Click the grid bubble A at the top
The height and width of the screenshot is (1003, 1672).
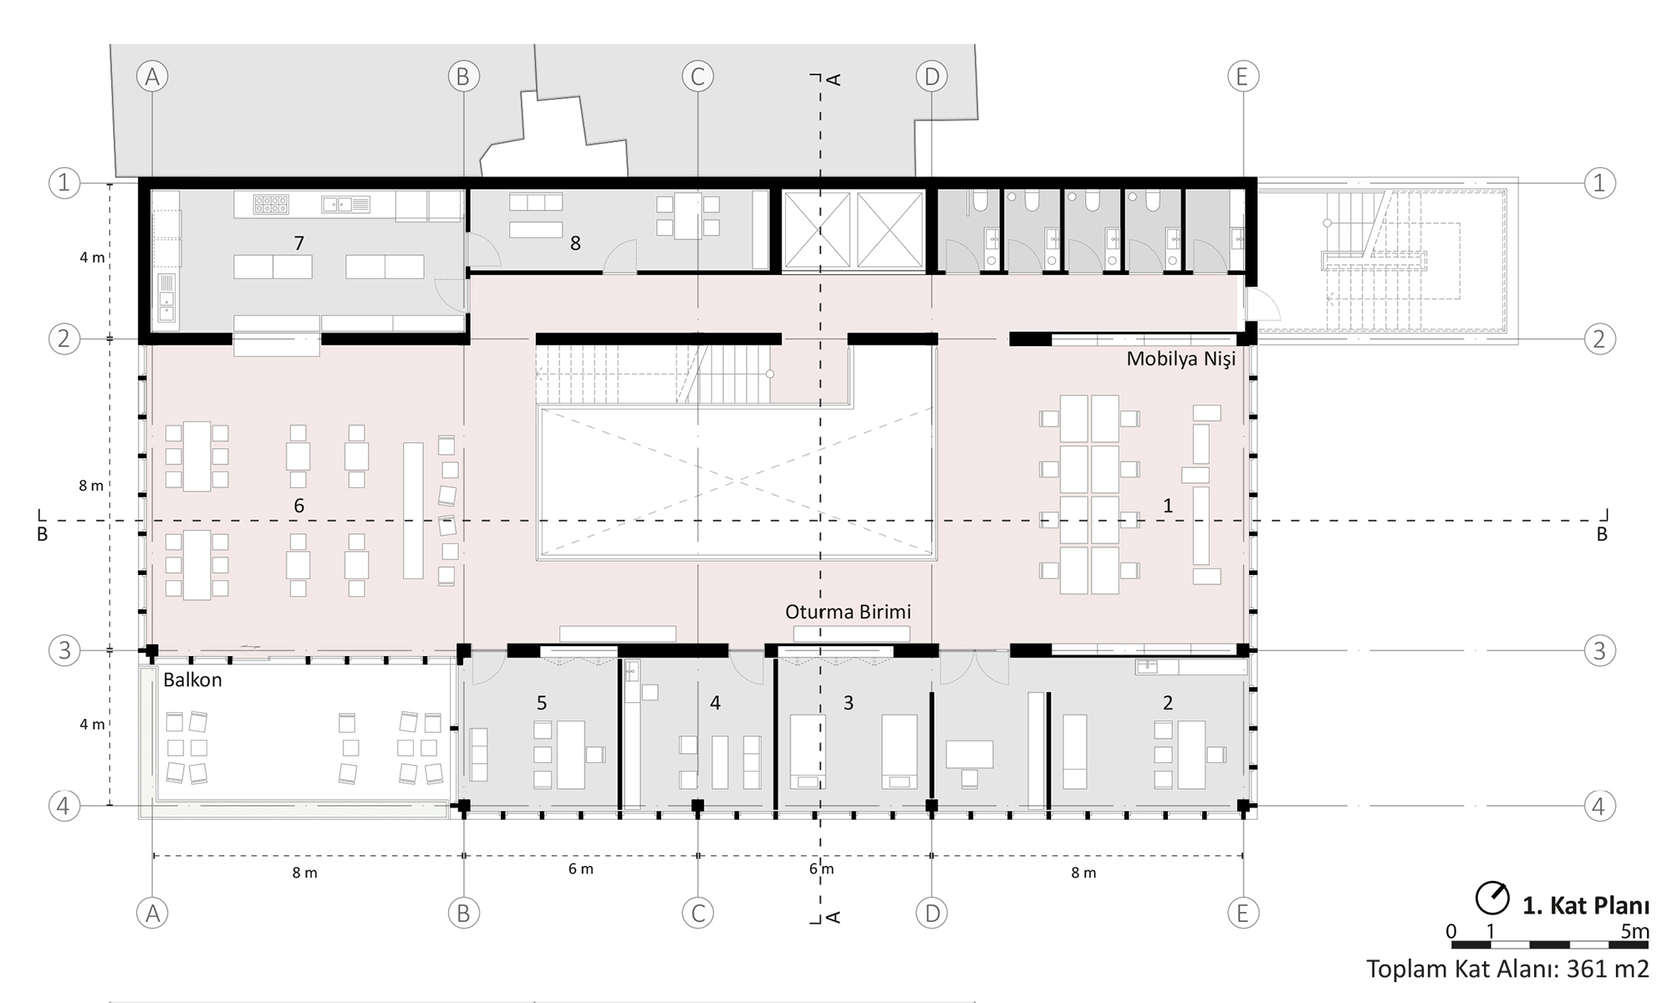[152, 77]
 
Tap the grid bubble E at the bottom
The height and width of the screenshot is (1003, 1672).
[1242, 914]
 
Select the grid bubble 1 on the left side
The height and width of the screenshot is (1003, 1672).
[64, 183]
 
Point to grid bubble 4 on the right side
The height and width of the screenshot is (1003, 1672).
[1599, 807]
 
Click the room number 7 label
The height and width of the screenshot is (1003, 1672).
[298, 243]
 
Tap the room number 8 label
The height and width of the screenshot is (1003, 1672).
[575, 243]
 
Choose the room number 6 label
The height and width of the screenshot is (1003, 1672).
[298, 506]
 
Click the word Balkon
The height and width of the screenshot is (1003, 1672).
[192, 680]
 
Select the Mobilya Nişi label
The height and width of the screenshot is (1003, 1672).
[1180, 359]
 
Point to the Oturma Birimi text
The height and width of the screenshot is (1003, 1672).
[848, 612]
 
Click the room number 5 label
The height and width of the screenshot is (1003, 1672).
[542, 703]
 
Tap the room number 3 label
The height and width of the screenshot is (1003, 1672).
[848, 703]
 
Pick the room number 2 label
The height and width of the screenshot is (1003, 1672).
[1168, 703]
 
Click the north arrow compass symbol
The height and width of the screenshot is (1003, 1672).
[1491, 899]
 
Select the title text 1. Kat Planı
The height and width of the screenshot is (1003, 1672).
[1585, 906]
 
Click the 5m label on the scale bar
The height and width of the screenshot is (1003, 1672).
[1635, 931]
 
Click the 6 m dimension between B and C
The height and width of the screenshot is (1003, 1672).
[581, 869]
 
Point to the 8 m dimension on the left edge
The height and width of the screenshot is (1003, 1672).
[91, 486]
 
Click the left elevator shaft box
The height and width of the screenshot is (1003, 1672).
[817, 230]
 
